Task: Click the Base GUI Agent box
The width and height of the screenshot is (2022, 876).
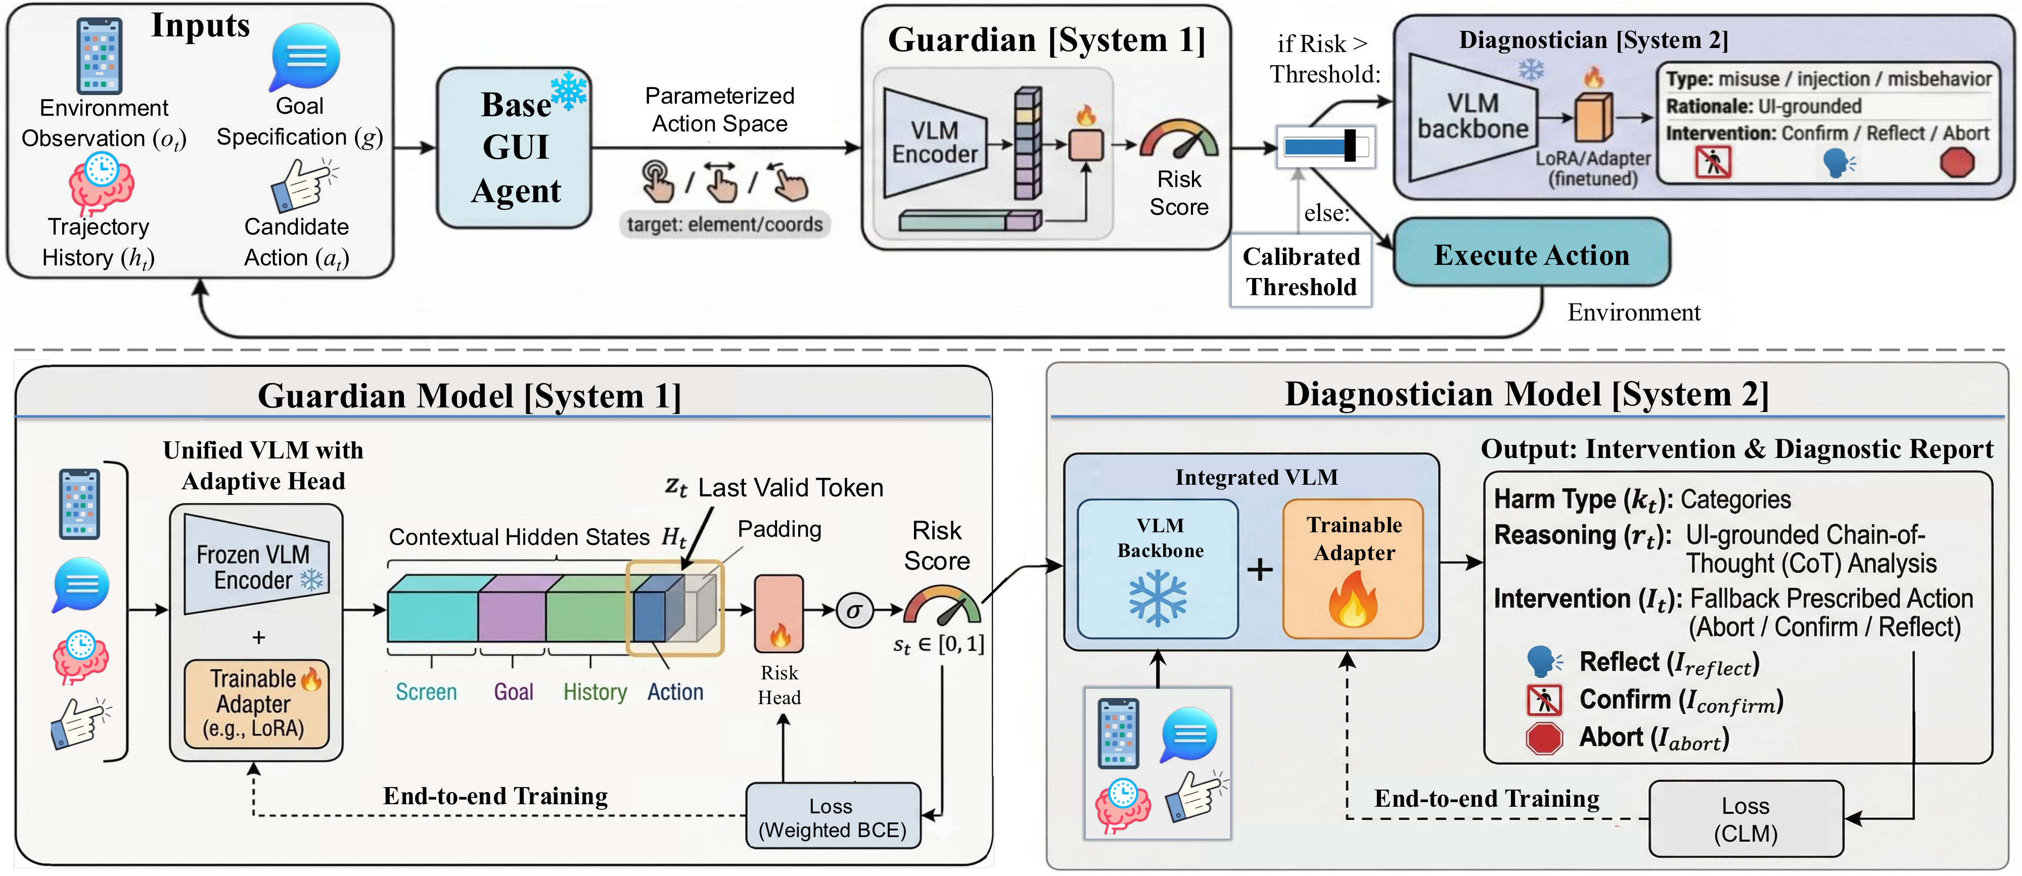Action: click(514, 148)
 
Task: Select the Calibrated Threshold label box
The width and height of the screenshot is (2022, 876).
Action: click(1301, 271)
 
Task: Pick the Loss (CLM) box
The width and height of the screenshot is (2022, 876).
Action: click(1745, 819)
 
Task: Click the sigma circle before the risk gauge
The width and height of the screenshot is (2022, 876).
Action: click(854, 610)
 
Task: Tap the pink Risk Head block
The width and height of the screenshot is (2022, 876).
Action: click(778, 614)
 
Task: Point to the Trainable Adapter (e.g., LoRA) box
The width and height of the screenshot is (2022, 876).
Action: click(256, 703)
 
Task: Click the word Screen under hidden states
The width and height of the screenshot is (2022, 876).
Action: click(426, 691)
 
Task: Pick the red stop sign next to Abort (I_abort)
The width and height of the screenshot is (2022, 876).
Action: click(1544, 739)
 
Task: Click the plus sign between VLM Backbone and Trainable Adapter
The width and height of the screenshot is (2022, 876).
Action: click(1260, 569)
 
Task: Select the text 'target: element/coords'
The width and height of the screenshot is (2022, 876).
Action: click(724, 224)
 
